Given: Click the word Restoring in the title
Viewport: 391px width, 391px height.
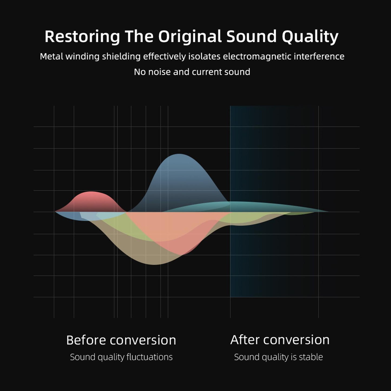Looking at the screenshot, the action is (x=82, y=37).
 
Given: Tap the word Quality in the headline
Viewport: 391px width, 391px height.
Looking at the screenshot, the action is (x=310, y=37).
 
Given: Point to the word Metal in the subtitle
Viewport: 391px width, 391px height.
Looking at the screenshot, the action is (x=51, y=56).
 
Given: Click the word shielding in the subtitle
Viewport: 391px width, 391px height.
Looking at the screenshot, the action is (x=121, y=56).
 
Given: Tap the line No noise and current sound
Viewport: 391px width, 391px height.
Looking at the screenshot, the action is (x=192, y=72).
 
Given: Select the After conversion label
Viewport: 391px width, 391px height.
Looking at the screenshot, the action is (x=280, y=340).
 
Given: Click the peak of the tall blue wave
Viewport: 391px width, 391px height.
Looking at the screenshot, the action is (x=179, y=154).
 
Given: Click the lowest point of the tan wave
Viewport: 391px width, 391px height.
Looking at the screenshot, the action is (x=155, y=265).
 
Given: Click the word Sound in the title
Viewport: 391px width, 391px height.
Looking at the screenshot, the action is (x=251, y=37).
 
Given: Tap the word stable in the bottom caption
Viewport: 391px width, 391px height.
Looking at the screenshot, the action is (x=311, y=357).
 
